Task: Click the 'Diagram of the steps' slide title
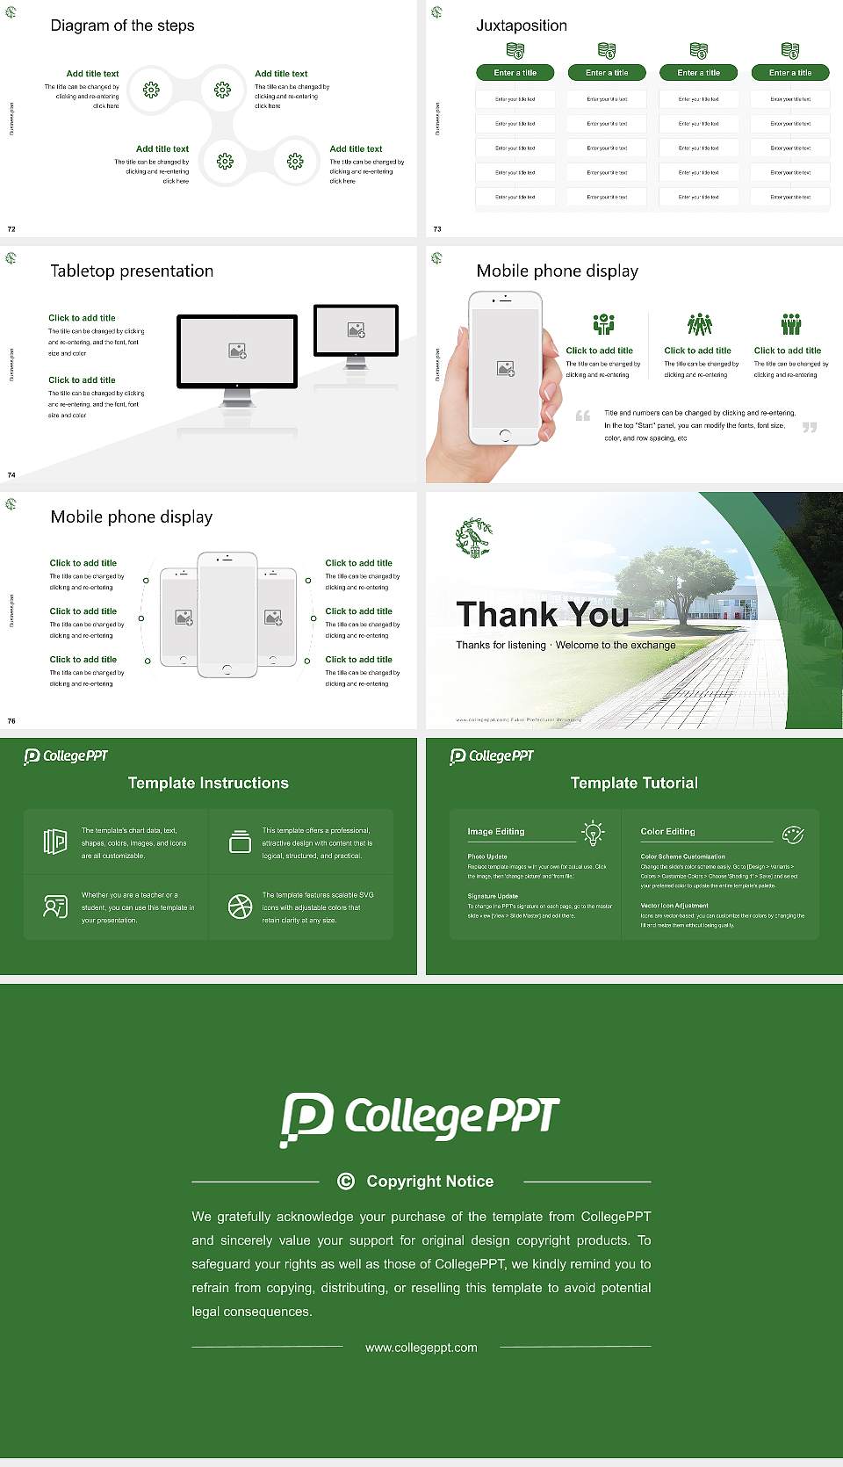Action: pyautogui.click(x=122, y=25)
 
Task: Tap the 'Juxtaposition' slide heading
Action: pyautogui.click(x=521, y=25)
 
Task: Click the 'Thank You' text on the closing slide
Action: pyautogui.click(x=542, y=614)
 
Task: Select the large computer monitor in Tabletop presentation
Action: pyautogui.click(x=237, y=351)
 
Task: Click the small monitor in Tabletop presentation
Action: pyautogui.click(x=356, y=330)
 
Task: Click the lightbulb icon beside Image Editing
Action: pyautogui.click(x=593, y=833)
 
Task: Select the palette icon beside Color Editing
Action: pyautogui.click(x=792, y=834)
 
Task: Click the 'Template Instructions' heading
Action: pyautogui.click(x=208, y=783)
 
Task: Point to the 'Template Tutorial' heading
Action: pyautogui.click(x=633, y=783)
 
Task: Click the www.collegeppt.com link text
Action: pyautogui.click(x=421, y=1348)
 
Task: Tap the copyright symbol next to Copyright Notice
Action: pyautogui.click(x=346, y=1182)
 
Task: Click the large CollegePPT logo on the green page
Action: pyautogui.click(x=420, y=1118)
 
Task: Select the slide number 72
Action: pyautogui.click(x=11, y=228)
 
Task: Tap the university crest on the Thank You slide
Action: pyautogui.click(x=473, y=538)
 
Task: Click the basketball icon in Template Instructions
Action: pyautogui.click(x=240, y=907)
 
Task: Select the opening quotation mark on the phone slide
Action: pyautogui.click(x=582, y=416)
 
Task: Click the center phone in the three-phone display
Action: pyautogui.click(x=227, y=614)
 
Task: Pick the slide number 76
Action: pyautogui.click(x=11, y=720)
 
